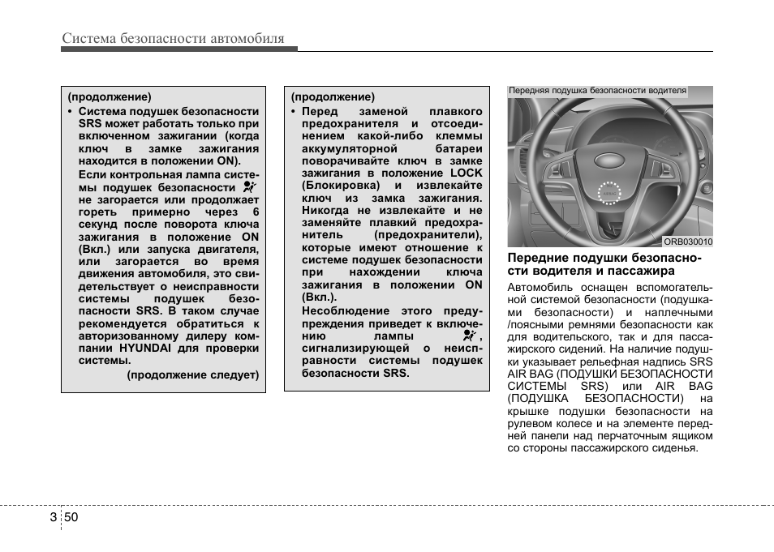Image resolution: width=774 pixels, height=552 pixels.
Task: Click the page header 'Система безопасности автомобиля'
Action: point(173,38)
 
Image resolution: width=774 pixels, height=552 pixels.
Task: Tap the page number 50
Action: point(71,518)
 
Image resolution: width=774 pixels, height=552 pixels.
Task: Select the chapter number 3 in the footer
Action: point(53,518)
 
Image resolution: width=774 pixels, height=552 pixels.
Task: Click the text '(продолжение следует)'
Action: point(193,374)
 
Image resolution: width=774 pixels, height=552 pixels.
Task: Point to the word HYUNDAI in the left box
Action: point(147,349)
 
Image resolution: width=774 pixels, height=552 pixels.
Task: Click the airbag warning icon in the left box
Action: point(250,186)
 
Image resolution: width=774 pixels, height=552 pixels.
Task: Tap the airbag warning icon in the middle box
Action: point(468,335)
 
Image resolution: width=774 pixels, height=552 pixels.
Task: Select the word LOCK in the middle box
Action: point(466,173)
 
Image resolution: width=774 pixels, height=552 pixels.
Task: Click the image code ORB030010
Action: point(687,242)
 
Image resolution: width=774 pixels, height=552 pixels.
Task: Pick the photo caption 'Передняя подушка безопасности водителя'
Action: point(597,91)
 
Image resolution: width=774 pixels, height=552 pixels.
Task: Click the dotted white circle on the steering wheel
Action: point(607,193)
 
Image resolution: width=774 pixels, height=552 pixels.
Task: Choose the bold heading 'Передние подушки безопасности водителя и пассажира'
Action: point(604,264)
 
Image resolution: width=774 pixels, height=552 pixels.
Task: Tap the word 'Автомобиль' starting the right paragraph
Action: point(538,287)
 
